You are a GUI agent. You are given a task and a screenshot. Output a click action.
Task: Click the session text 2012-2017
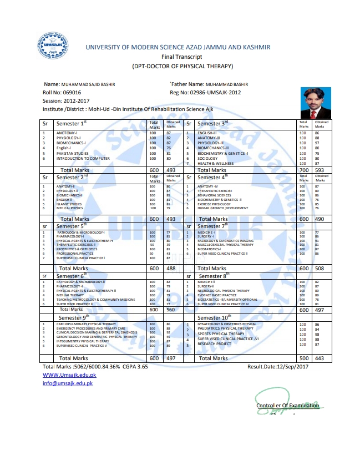[75, 101]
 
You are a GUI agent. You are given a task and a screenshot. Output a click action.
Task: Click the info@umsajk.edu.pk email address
[68, 383]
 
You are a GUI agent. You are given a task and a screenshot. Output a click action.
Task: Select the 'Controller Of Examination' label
[287, 406]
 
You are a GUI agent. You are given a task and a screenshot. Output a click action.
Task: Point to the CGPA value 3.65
[142, 367]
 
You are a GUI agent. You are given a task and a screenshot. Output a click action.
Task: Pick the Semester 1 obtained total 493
[171, 170]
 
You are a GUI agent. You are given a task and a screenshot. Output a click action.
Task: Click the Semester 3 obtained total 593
[320, 170]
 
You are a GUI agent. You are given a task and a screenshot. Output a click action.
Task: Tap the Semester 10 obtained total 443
[320, 358]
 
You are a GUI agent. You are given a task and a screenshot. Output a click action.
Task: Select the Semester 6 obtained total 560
[171, 310]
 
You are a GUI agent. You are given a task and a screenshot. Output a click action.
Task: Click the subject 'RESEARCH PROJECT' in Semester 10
[215, 344]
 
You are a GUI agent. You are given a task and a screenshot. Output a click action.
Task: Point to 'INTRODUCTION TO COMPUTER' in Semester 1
[83, 158]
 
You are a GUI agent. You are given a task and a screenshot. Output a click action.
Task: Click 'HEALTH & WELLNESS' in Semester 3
[216, 163]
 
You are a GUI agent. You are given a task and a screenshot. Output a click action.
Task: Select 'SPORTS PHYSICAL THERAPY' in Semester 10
[221, 334]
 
